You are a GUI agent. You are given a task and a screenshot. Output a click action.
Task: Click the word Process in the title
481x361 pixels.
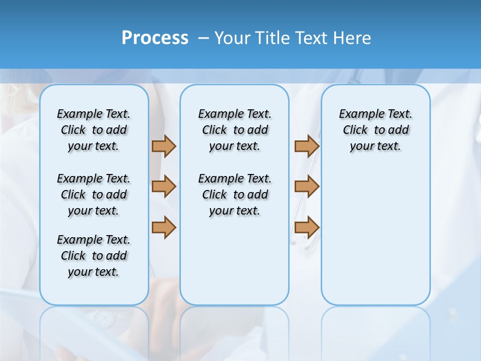click(155, 38)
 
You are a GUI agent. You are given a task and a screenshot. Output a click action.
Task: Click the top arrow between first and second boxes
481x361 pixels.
click(164, 146)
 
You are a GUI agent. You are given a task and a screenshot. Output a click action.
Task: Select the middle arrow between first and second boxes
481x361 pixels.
click(164, 187)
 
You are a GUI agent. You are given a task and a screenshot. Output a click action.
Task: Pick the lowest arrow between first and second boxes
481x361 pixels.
click(164, 227)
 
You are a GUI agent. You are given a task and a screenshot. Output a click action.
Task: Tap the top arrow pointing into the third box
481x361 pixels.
click(307, 146)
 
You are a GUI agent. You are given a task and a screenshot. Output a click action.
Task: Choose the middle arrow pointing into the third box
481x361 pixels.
click(307, 187)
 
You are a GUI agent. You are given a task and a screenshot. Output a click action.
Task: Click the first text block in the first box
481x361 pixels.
click(94, 130)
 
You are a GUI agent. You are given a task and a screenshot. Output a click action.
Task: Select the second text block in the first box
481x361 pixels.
click(94, 195)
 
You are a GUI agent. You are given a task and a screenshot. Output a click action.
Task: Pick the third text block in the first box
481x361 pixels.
click(94, 256)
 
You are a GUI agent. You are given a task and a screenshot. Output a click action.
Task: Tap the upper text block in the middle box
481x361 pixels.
click(234, 130)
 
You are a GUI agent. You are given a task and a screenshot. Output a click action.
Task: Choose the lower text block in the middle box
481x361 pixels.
click(234, 195)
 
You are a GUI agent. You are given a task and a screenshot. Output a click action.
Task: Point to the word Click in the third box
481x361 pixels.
click(355, 130)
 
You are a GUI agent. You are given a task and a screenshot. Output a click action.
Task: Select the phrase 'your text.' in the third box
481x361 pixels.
click(375, 146)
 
